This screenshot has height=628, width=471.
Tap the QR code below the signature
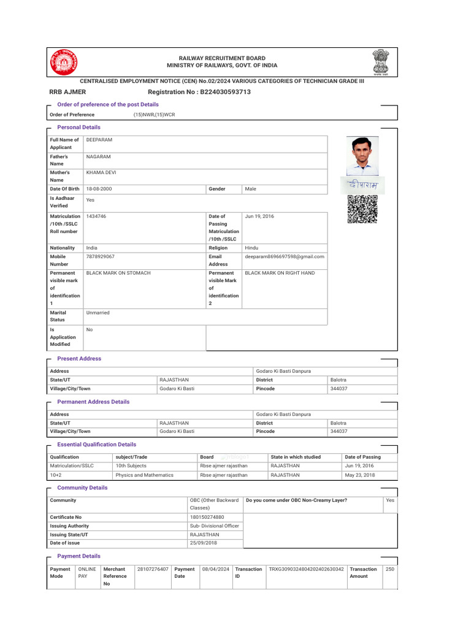362,209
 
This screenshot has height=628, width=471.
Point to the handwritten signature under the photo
362,185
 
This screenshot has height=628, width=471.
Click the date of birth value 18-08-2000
99,189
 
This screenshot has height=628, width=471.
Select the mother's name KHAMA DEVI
101,173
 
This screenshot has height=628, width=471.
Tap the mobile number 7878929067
101,256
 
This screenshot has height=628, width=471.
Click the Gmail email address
285,256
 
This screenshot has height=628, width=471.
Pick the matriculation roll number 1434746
97,216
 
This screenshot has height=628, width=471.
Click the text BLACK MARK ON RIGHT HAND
280,272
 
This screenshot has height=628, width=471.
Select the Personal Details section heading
78,127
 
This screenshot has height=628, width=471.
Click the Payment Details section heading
78,556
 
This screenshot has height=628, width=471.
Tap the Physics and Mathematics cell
145,475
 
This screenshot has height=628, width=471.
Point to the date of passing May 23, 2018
359,475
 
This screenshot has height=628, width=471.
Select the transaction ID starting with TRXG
306,569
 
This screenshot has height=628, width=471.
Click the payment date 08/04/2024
216,569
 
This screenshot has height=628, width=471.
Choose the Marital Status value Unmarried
98,313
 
